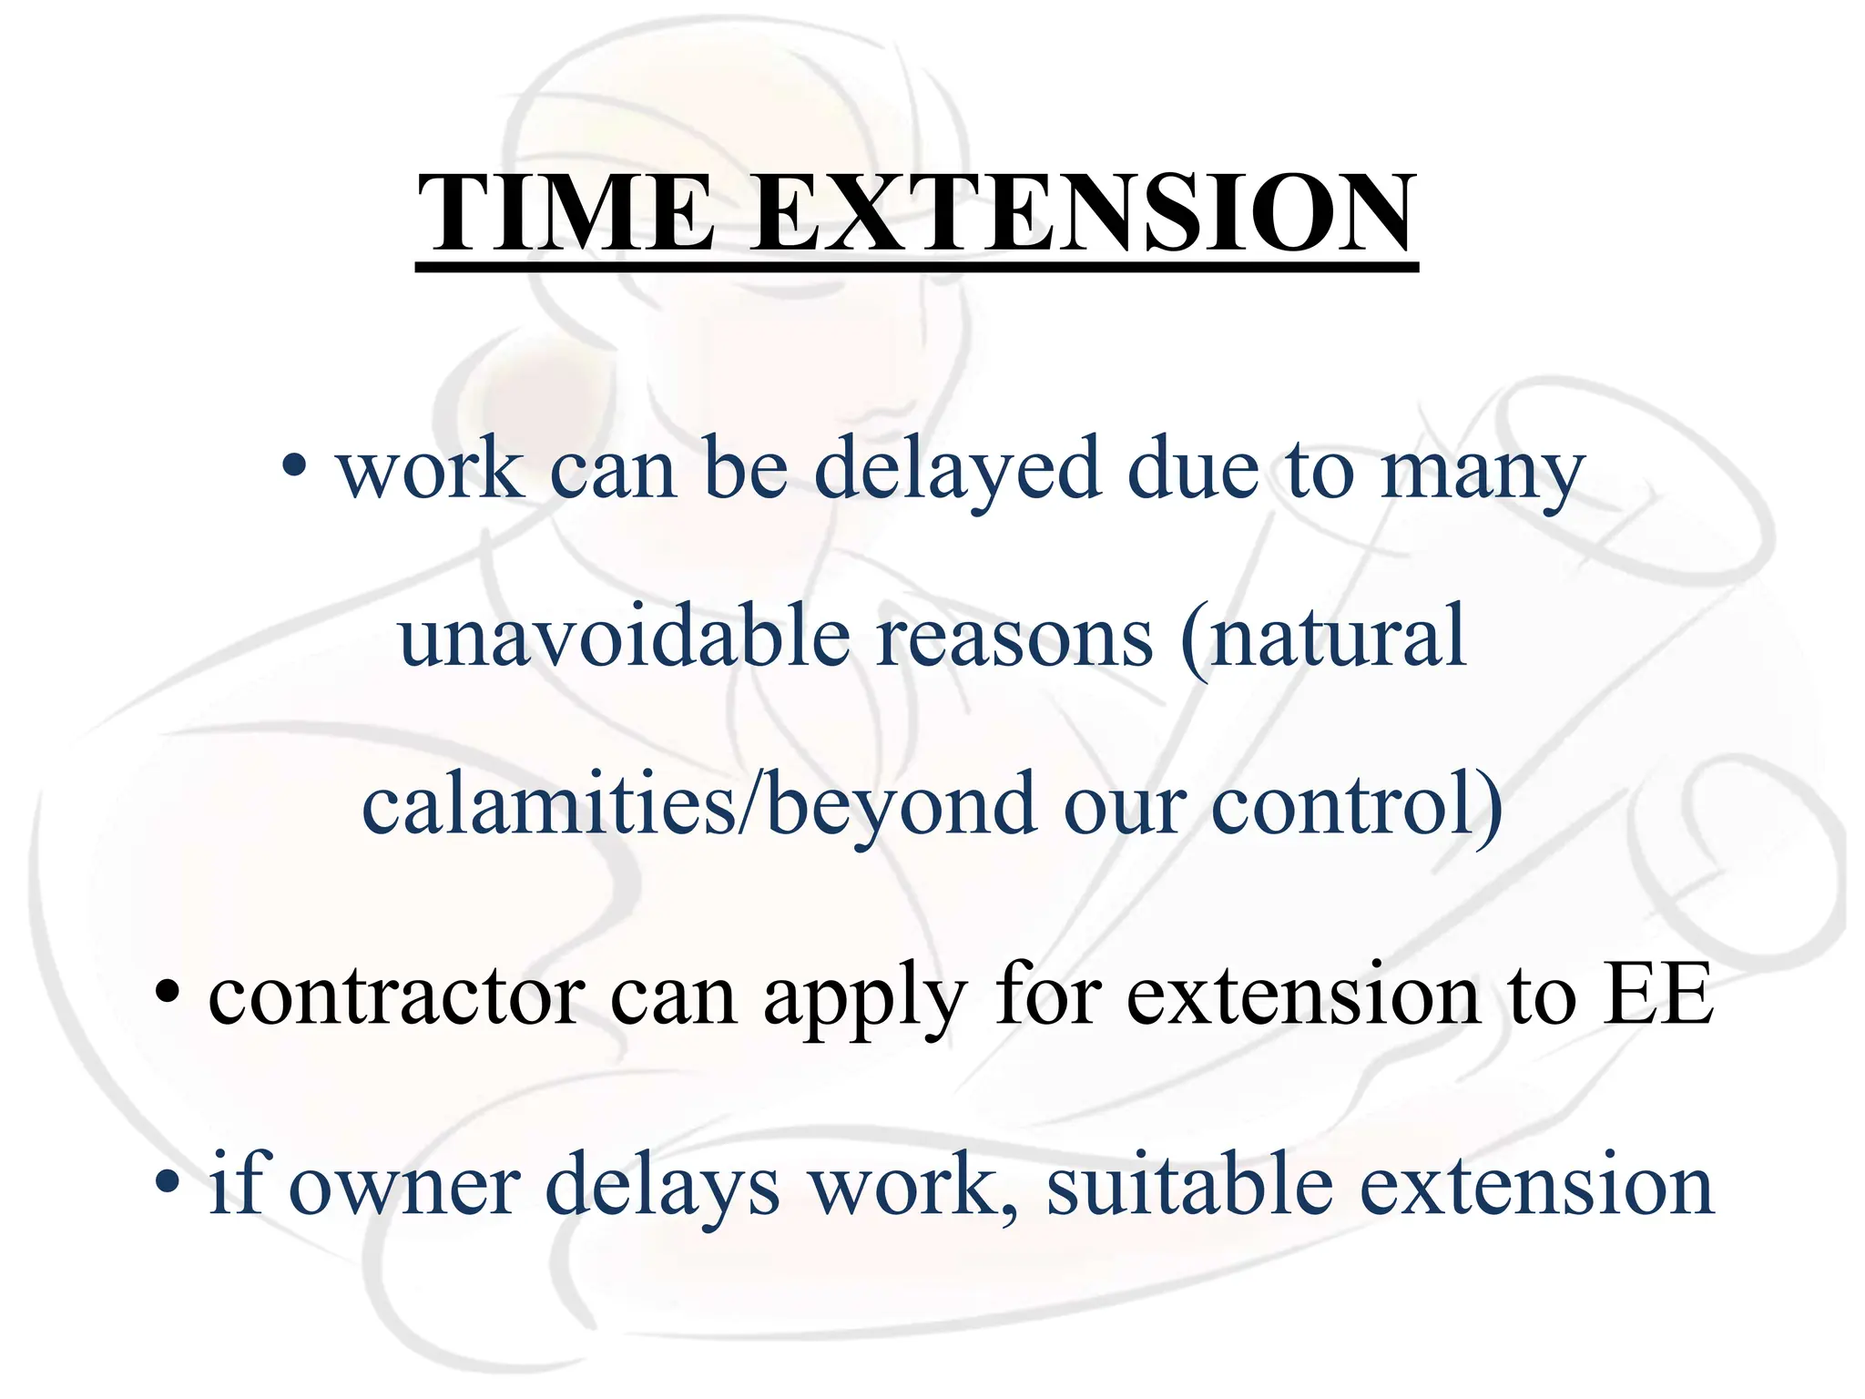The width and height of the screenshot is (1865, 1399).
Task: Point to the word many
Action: click(x=1483, y=474)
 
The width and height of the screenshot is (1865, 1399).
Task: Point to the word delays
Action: click(x=662, y=1187)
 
